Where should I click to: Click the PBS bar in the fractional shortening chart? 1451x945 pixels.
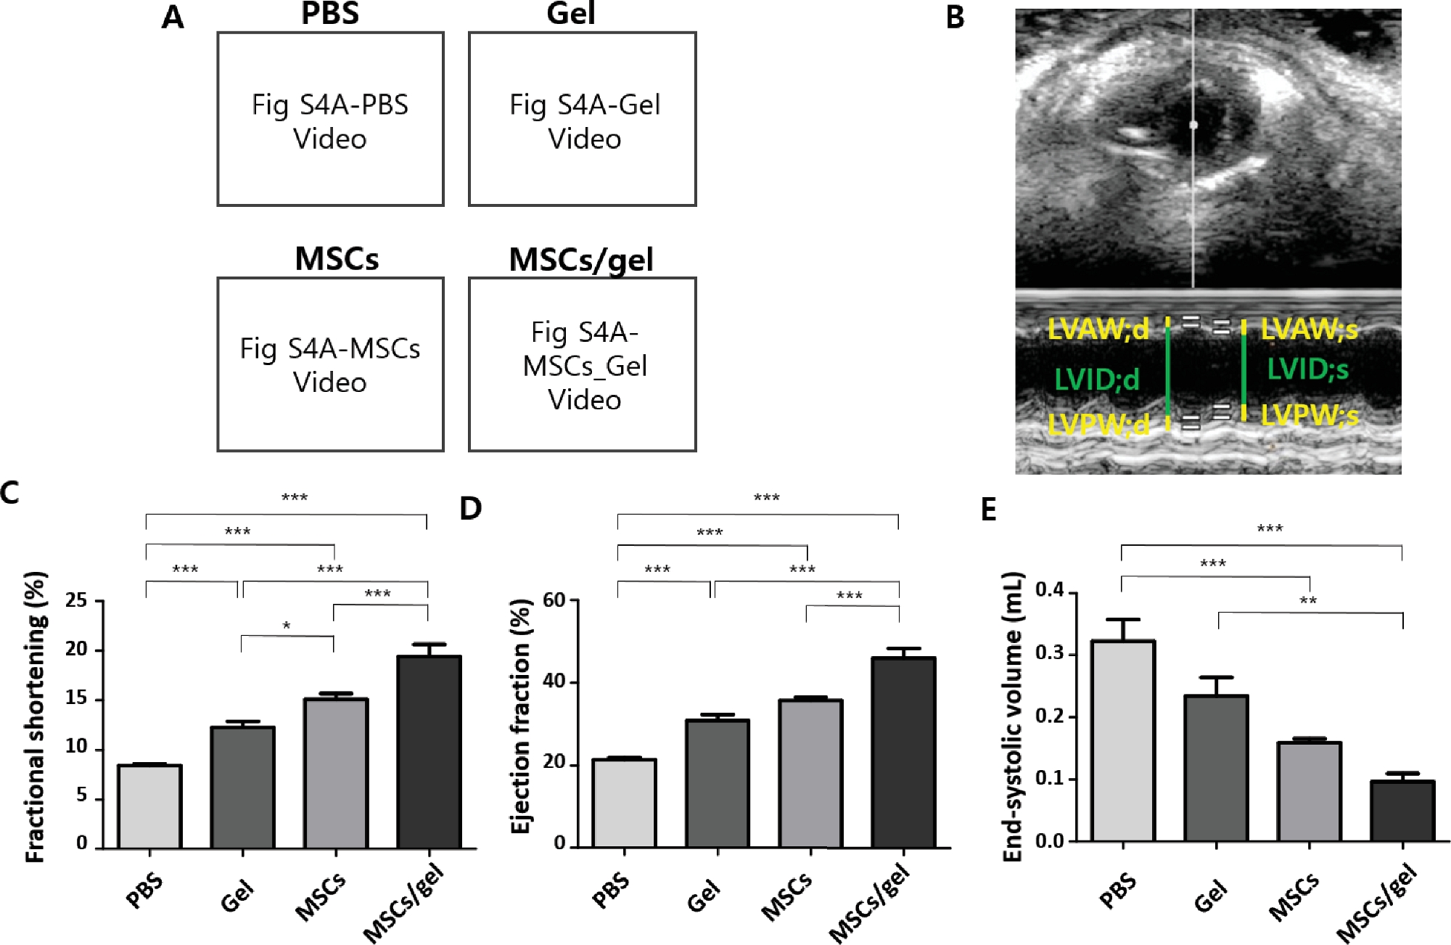pos(149,806)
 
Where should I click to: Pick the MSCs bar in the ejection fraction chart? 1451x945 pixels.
pos(810,773)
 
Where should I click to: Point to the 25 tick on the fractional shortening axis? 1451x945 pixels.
pos(75,601)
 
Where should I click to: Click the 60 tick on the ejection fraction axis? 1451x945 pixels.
pos(554,600)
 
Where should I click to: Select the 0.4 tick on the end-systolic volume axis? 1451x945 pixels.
pos(1050,591)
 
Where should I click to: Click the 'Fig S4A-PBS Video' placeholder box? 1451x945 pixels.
pos(330,120)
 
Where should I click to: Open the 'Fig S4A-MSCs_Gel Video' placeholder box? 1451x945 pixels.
pos(583,364)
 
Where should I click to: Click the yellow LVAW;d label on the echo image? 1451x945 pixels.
pos(1098,330)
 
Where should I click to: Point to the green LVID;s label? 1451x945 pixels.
pos(1307,370)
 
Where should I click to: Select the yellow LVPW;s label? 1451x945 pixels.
pos(1309,416)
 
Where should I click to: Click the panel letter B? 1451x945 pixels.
pos(955,17)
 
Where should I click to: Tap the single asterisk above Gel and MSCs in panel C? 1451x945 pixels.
pos(287,626)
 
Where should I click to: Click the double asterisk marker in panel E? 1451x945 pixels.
pos(1308,601)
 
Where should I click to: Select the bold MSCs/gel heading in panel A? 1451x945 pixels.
pos(581,260)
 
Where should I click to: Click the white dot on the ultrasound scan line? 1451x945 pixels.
pos(1193,125)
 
